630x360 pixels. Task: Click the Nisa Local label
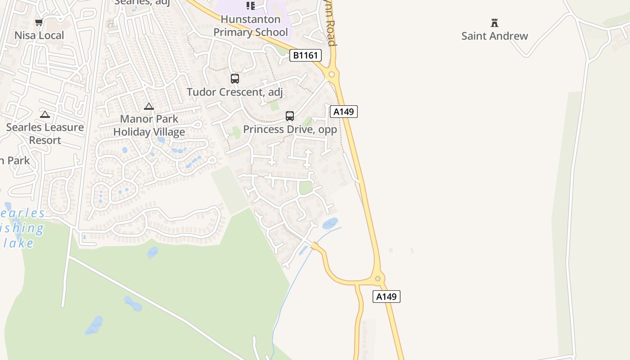(39, 35)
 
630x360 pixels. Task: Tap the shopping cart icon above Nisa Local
(39, 22)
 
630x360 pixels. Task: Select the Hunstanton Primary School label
(250, 26)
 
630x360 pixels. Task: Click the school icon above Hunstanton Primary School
(251, 6)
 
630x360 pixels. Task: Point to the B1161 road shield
(305, 55)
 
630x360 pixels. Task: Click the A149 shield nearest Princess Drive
(344, 112)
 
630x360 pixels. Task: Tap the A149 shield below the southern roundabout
(386, 297)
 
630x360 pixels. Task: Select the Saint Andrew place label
(495, 36)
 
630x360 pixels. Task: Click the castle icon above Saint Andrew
(495, 22)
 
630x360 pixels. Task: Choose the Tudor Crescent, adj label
(235, 92)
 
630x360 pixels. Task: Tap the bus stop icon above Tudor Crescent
(234, 79)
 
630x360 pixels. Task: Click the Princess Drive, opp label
(290, 129)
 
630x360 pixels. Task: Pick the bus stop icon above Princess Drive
(290, 116)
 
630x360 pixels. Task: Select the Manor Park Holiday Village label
(149, 126)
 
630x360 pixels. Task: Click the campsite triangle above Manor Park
(149, 107)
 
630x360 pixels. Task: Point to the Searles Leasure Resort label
(45, 134)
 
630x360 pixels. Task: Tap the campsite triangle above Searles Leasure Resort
(45, 114)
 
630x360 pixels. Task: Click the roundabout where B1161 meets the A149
(332, 74)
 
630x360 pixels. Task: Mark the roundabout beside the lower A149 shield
(378, 279)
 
